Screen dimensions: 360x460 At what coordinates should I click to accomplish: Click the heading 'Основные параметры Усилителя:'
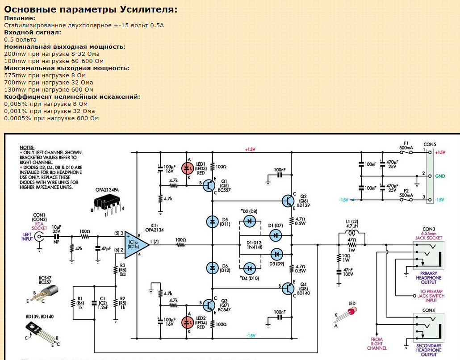91,9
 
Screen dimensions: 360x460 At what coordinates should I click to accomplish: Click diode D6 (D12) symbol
212,267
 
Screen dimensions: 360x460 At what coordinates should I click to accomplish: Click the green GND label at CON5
440,176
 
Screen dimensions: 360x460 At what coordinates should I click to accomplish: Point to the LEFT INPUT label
27,236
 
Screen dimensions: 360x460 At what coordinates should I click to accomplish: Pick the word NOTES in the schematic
27,147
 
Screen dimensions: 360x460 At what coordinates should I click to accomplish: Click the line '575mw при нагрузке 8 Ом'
45,75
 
